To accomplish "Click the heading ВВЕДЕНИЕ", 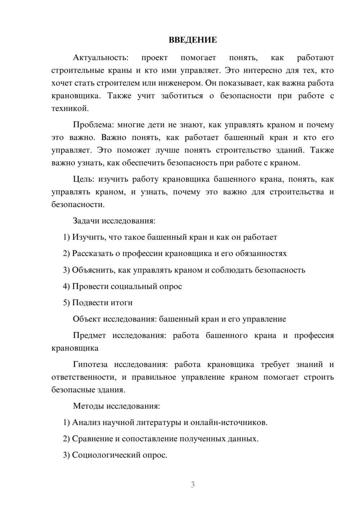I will pyautogui.click(x=193, y=40).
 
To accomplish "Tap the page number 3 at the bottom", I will pyautogui.click(x=193, y=485).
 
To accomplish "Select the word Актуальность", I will pyautogui.click(x=100, y=58).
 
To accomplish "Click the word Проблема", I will pyautogui.click(x=93, y=125).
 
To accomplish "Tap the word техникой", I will pyautogui.click(x=69, y=108).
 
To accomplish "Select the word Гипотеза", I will pyautogui.click(x=90, y=365).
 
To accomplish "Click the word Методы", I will pyautogui.click(x=89, y=406).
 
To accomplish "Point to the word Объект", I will pyautogui.click(x=87, y=319).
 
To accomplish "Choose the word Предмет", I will pyautogui.click(x=89, y=335).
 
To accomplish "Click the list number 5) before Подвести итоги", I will pyautogui.click(x=66, y=303).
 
